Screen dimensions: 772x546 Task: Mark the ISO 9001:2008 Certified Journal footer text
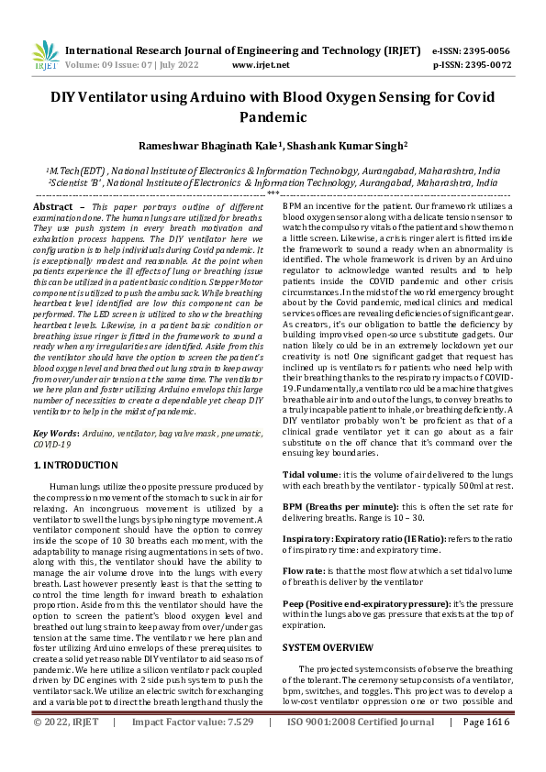[361, 748]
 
